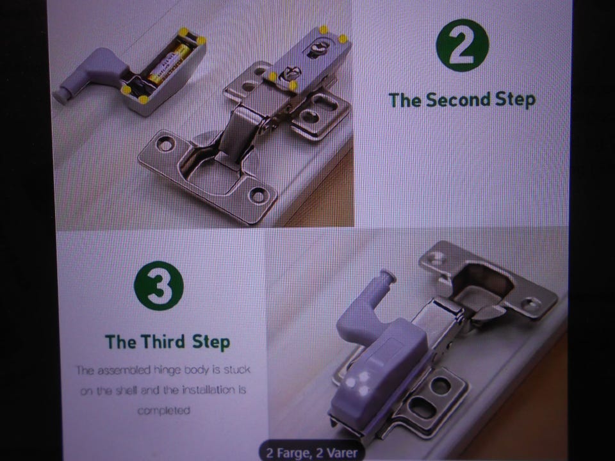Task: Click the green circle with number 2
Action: click(x=463, y=45)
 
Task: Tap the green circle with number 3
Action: click(x=158, y=286)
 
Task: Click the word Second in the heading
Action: click(x=458, y=100)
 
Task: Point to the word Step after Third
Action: click(x=211, y=342)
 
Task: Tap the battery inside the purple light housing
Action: click(x=168, y=64)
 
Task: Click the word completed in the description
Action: click(x=163, y=410)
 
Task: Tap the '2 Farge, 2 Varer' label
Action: click(x=312, y=453)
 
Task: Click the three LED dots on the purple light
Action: click(x=357, y=383)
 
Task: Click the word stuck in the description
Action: click(x=236, y=369)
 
